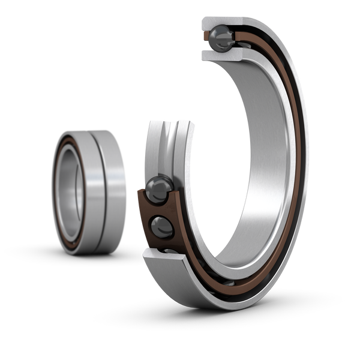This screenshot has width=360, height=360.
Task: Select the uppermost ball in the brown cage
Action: click(x=160, y=188)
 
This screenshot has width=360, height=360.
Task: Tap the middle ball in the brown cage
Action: click(x=163, y=227)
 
